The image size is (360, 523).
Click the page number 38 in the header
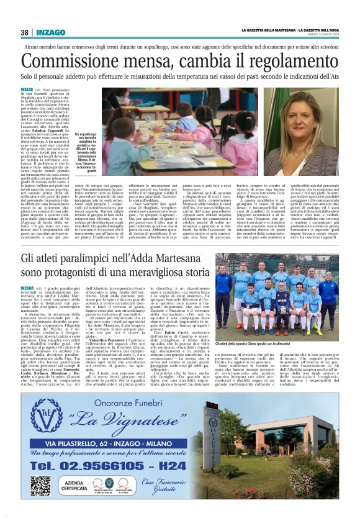coord(25,32)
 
